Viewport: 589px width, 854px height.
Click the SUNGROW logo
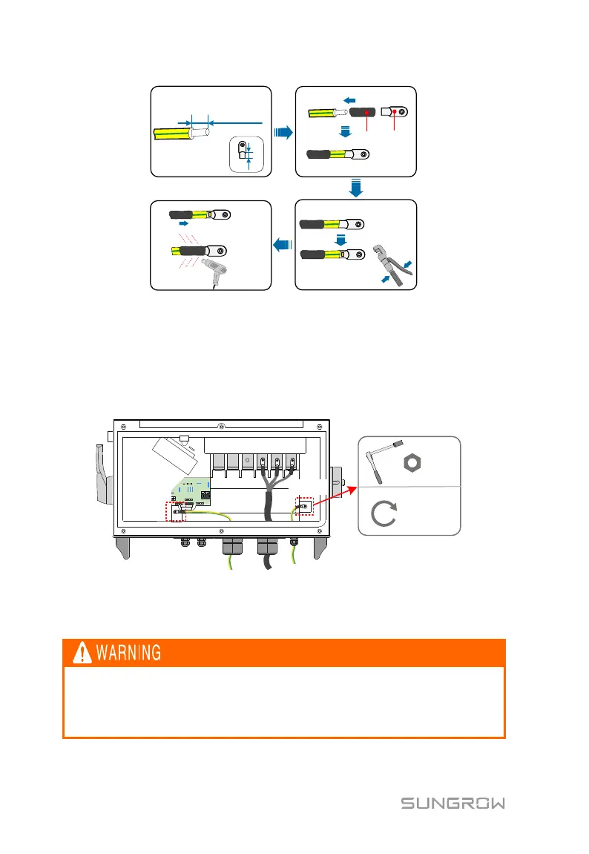[453, 804]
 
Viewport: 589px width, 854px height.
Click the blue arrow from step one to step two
[283, 133]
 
